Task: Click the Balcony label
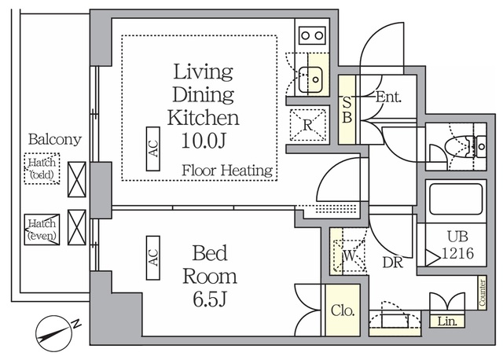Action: tap(54, 139)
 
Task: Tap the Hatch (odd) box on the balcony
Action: tap(42, 168)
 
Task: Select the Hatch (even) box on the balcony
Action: tap(42, 230)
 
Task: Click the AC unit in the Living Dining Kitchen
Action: tap(153, 149)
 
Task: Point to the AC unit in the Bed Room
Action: tap(153, 258)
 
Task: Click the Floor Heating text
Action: tap(227, 171)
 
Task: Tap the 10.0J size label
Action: tap(204, 141)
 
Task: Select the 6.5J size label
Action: tap(210, 299)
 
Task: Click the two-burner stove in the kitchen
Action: tap(312, 35)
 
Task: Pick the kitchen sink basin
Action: tap(310, 79)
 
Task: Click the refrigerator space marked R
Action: tap(307, 125)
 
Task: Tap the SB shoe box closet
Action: tap(347, 109)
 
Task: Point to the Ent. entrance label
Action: tap(388, 97)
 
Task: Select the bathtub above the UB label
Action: tap(456, 199)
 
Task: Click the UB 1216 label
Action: tap(457, 245)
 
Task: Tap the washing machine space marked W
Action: tap(349, 255)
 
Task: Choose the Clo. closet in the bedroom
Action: tap(343, 310)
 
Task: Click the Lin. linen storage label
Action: tap(447, 321)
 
